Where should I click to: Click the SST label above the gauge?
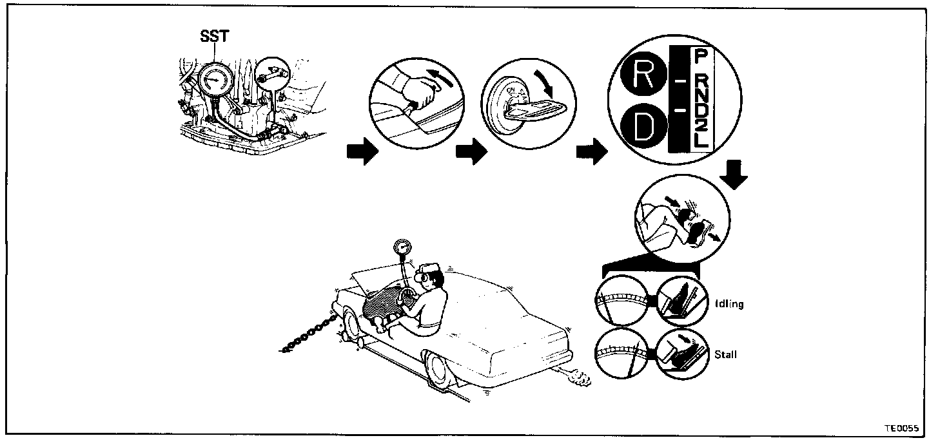(214, 36)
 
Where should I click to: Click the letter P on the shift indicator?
(700, 56)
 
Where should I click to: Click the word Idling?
(729, 303)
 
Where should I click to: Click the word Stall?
(725, 354)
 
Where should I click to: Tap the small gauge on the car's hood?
(402, 247)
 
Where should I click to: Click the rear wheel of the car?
(439, 370)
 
